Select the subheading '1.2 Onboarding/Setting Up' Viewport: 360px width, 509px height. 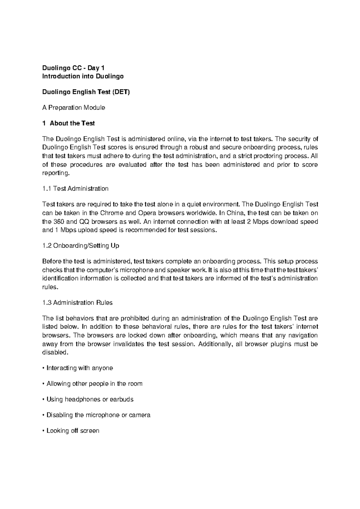(x=81, y=246)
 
